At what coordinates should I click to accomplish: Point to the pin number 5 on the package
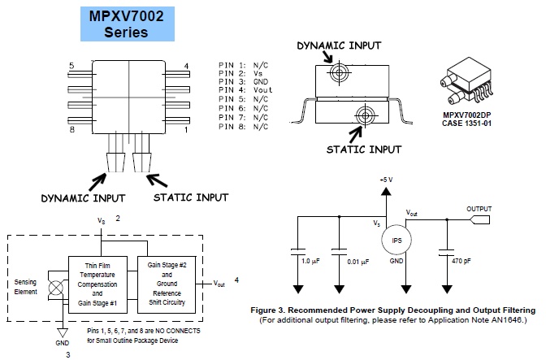71,65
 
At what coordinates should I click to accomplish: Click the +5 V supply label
386,178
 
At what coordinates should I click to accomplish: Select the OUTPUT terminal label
479,209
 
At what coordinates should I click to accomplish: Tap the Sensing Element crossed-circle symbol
55,288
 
